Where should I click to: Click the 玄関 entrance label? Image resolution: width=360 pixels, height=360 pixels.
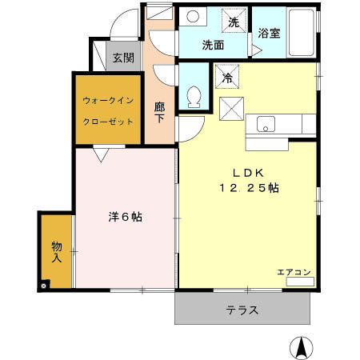coord(122,58)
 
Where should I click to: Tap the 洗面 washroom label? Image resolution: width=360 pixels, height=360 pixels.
coord(212,45)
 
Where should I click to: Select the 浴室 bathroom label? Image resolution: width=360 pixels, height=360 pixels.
coord(269,34)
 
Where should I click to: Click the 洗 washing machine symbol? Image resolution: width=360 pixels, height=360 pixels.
coord(234,22)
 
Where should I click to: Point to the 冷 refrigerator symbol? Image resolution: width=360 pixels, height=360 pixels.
coord(227,78)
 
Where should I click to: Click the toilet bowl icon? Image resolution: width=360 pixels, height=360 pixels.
coord(192,98)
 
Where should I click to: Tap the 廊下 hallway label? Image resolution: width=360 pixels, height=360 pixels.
coord(160,112)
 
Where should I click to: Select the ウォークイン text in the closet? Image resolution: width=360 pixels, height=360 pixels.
coord(108,101)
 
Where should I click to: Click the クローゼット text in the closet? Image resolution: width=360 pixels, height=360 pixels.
coord(108,123)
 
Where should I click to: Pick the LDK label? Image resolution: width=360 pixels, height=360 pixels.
coord(248,171)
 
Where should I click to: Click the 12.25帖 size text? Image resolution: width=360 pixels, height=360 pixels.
coord(249,187)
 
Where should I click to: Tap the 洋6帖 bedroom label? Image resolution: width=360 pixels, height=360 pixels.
coord(125,216)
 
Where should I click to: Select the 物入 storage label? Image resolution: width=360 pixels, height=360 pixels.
coord(57,252)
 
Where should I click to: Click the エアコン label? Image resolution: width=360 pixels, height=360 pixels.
coord(294,272)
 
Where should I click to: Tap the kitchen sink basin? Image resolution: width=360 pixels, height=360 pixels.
coord(266,124)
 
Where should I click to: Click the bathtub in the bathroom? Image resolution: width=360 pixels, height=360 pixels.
coord(302,34)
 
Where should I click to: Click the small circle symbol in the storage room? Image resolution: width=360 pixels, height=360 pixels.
coord(44,284)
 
